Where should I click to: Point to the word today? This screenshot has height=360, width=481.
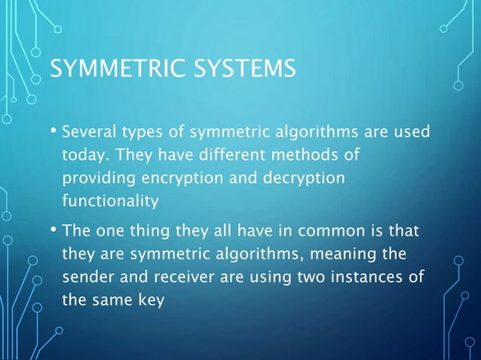pyautogui.click(x=83, y=156)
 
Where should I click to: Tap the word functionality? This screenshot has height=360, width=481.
pyautogui.click(x=110, y=201)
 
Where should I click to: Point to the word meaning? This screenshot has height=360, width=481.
pyautogui.click(x=352, y=252)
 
